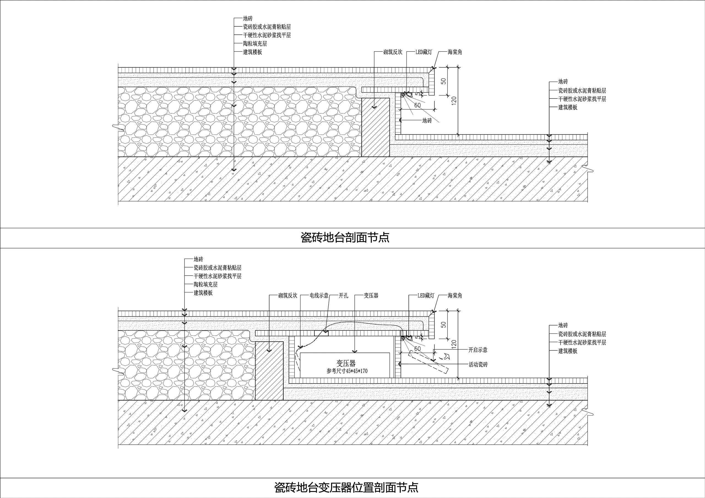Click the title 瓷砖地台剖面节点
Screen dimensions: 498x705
(x=345, y=237)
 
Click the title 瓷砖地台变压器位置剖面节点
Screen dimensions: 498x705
(x=346, y=487)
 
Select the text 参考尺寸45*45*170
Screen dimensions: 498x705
(x=347, y=371)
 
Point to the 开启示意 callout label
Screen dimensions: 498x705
(x=478, y=350)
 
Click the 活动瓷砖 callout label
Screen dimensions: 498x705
(x=478, y=365)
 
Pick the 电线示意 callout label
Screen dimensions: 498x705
(x=319, y=295)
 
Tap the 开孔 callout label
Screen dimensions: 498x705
(x=343, y=295)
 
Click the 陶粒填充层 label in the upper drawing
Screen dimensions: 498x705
(x=255, y=43)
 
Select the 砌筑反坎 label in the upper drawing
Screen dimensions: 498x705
(x=392, y=52)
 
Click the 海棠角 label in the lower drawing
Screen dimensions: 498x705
(x=455, y=295)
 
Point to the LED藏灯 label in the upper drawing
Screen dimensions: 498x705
(x=424, y=52)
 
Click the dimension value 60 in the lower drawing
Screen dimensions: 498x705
(x=417, y=349)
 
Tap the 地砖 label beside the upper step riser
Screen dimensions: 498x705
(x=427, y=121)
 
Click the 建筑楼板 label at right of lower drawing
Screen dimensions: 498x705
(x=568, y=351)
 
